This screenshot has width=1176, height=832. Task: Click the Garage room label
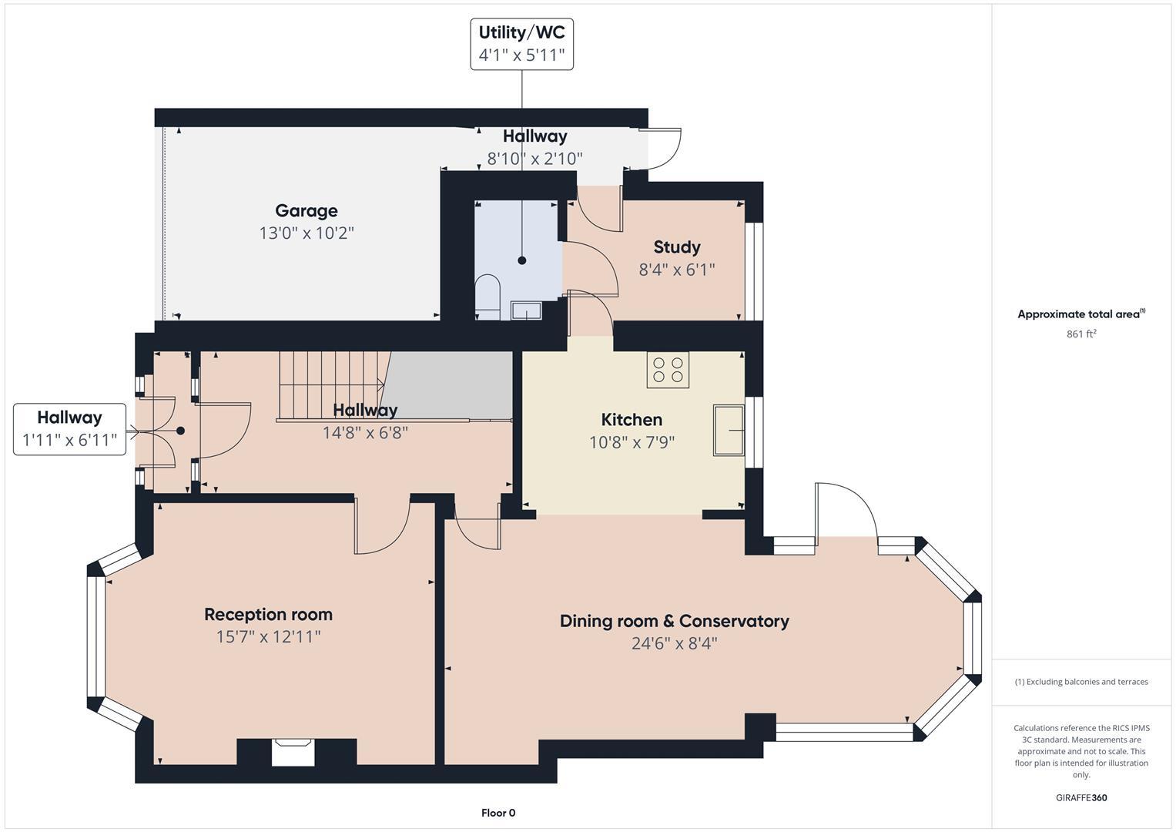[306, 211]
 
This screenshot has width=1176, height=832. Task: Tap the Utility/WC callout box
[521, 44]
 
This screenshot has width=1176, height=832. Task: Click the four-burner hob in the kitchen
[668, 370]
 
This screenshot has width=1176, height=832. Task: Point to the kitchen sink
[729, 430]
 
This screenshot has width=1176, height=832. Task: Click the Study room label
[676, 247]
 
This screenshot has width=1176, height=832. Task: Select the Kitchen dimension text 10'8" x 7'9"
[632, 442]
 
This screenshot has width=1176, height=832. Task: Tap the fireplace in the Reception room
[293, 752]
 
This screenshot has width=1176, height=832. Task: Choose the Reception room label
[268, 615]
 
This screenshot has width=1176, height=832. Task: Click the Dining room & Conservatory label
[674, 621]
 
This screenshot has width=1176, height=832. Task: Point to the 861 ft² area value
[1081, 334]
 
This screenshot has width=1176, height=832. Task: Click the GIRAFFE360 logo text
[1081, 797]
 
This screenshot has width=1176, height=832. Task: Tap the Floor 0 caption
[498, 813]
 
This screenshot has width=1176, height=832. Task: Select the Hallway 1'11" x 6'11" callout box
[69, 429]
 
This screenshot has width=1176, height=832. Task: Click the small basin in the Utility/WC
[527, 310]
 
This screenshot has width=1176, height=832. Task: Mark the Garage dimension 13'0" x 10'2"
[306, 233]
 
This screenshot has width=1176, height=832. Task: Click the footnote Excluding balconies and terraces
[1081, 682]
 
